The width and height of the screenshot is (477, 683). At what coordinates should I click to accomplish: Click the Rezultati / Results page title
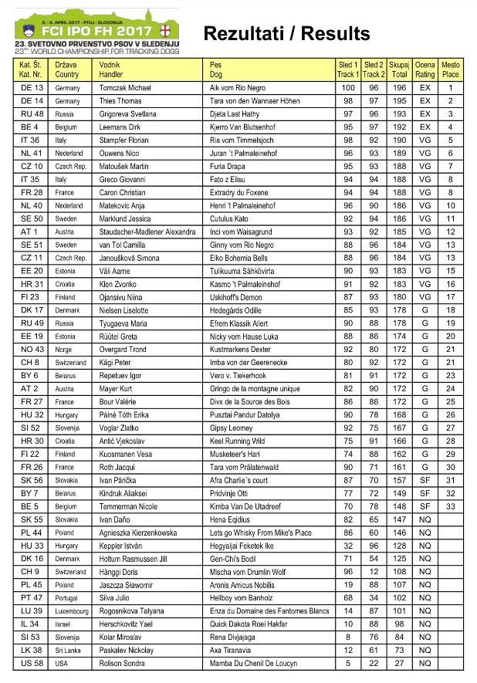pos(286,33)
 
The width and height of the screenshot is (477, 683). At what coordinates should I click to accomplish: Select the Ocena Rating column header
pos(425,69)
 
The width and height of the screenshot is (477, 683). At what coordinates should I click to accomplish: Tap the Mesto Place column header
pos(450,69)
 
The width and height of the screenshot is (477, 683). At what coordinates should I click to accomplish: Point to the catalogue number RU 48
pos(31,114)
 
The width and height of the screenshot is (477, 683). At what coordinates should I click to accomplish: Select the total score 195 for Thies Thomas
pos(399,101)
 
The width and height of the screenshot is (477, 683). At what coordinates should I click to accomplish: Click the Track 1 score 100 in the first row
pos(348,88)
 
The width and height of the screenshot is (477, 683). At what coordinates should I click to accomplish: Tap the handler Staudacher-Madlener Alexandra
pos(147,232)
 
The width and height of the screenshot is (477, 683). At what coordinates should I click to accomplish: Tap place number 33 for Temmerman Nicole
pos(450,506)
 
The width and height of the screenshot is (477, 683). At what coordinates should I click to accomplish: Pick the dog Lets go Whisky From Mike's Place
pos(260,533)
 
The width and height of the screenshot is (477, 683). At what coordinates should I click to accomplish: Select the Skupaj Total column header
pos(399,69)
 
